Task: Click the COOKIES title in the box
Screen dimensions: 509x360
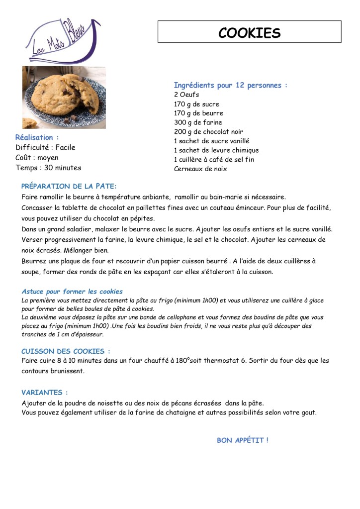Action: click(249, 33)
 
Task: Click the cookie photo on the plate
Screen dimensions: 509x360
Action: click(64, 97)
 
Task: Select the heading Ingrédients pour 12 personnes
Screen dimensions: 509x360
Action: click(230, 85)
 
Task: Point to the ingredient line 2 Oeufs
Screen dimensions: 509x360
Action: click(186, 95)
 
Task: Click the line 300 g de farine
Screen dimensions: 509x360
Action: click(198, 122)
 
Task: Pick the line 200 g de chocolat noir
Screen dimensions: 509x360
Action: click(208, 132)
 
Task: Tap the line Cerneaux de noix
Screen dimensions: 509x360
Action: click(200, 169)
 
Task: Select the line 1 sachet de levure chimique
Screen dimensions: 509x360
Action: click(216, 150)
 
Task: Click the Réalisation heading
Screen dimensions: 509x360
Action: click(37, 137)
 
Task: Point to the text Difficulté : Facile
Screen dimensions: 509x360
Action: click(45, 147)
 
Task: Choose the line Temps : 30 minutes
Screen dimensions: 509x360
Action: click(48, 168)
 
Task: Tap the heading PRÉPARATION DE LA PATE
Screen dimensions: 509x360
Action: click(69, 187)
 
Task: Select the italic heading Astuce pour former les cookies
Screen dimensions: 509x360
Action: click(72, 292)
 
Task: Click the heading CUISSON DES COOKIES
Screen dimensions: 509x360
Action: click(66, 351)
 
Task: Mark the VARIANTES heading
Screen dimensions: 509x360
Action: click(45, 393)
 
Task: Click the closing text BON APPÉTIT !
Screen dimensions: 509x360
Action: click(243, 440)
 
